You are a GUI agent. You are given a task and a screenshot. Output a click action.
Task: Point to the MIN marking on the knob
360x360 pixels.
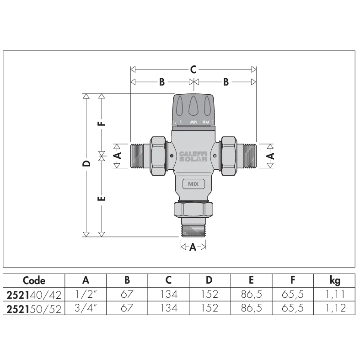pyautogui.click(x=194, y=122)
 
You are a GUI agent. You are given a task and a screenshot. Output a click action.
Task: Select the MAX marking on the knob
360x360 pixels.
pyautogui.click(x=205, y=122)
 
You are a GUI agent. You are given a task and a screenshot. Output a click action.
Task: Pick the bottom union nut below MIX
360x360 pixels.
pyautogui.click(x=193, y=209)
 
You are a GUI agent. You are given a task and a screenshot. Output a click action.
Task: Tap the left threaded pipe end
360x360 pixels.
pyautogui.click(x=138, y=155)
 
